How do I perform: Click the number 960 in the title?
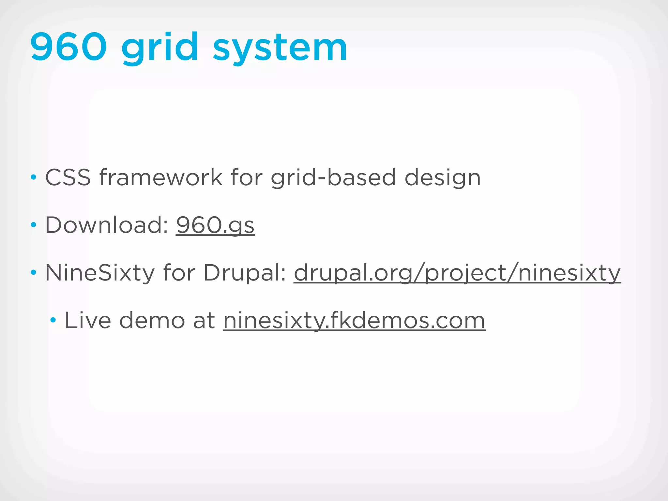(68, 47)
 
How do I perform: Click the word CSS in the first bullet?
(68, 177)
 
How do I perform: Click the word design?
(443, 178)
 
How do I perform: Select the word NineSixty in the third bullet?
(100, 273)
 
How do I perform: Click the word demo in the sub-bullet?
(152, 320)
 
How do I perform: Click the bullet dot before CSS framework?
(33, 178)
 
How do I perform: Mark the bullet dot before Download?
(33, 225)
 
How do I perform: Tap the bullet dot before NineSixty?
(33, 272)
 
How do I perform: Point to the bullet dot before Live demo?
(53, 320)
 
